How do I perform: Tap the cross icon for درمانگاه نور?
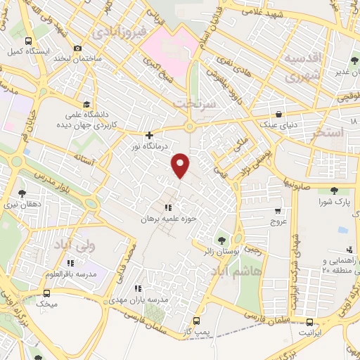149,135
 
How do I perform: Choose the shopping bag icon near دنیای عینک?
280,115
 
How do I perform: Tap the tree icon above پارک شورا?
333,191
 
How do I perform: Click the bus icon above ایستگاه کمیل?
27,41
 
